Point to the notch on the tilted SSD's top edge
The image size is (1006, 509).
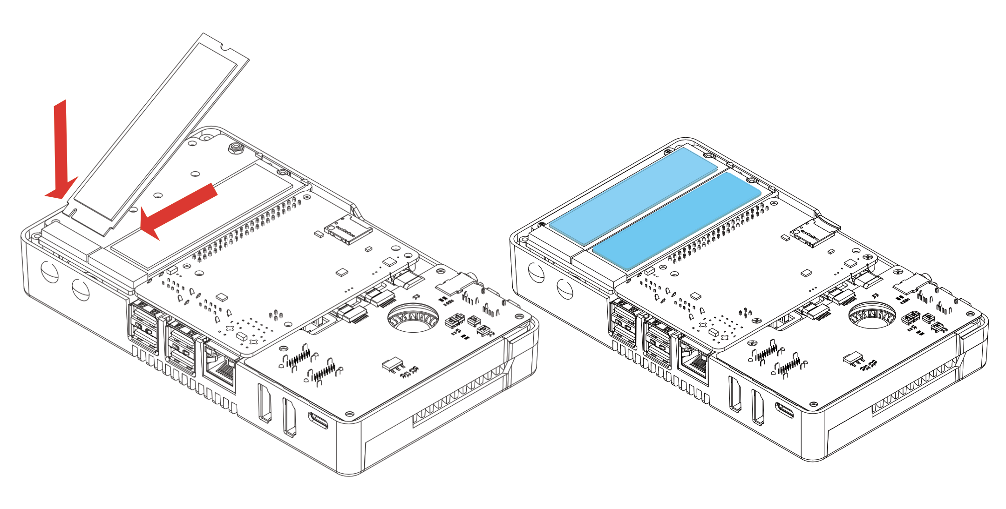225,47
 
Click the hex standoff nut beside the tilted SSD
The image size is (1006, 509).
235,149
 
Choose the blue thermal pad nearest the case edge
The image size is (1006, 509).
633,195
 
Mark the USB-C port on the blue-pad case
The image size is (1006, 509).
784,410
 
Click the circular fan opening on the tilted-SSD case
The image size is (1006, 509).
413,318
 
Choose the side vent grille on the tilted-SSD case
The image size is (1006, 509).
459,395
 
